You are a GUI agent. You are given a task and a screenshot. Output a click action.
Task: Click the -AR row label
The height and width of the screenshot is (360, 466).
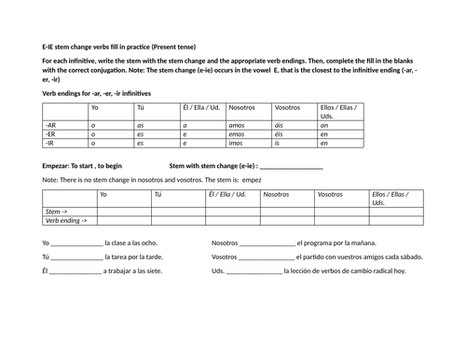point(51,125)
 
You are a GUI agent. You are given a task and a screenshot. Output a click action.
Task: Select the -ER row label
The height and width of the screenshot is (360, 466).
point(51,134)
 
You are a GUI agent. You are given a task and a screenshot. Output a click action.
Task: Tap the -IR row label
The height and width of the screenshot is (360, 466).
point(51,144)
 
